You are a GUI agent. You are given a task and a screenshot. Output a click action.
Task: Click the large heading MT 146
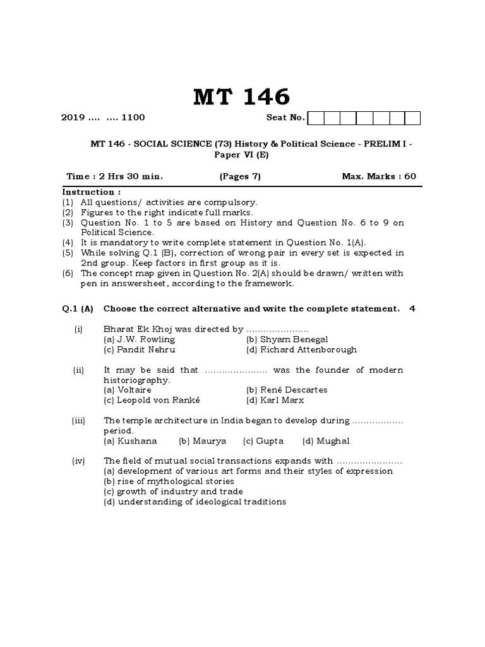[x=241, y=97]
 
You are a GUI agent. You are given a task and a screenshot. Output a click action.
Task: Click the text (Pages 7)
[x=240, y=176]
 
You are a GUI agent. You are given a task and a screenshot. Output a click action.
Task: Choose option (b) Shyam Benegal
[x=287, y=339]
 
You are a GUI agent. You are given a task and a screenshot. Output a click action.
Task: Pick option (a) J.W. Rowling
[x=140, y=339]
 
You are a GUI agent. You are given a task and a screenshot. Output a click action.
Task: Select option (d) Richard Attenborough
[x=301, y=349]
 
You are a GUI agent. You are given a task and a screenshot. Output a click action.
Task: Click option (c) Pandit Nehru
[x=140, y=349]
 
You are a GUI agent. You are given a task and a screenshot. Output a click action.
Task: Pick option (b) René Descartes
[x=287, y=390]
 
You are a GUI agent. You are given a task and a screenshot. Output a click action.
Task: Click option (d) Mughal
[x=326, y=440]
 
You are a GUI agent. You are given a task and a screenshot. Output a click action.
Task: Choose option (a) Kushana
[x=130, y=440]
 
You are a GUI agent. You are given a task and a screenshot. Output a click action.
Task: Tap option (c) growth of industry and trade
[x=173, y=492]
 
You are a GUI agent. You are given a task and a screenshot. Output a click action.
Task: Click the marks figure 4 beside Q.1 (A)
[x=412, y=308]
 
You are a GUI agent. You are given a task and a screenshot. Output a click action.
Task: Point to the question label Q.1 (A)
[x=78, y=308]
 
